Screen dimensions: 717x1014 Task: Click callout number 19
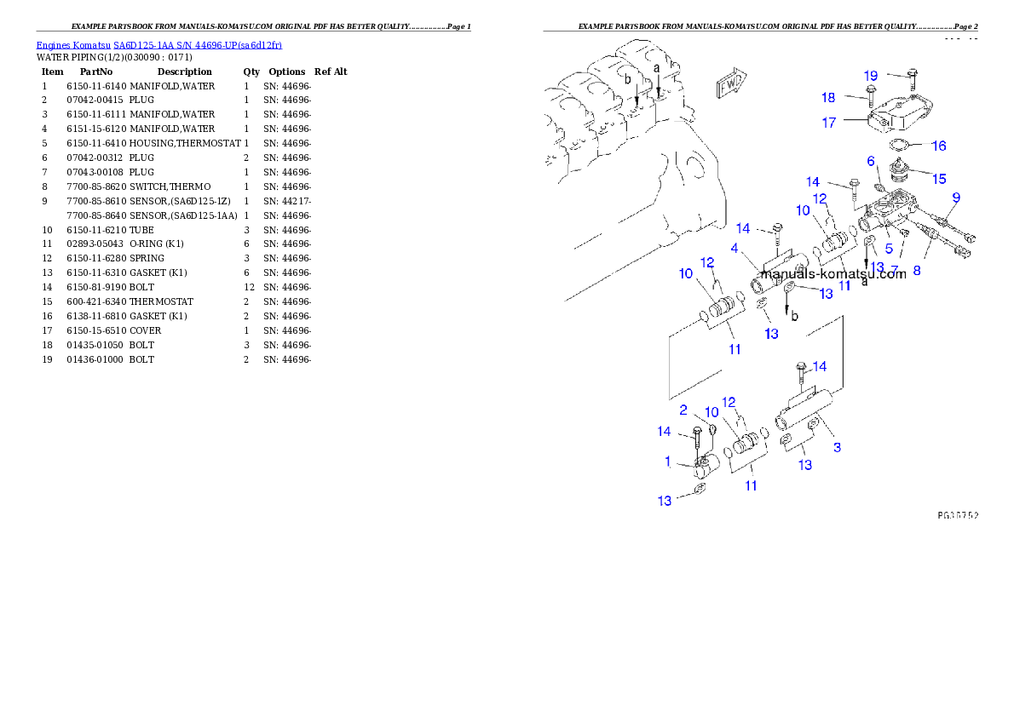pyautogui.click(x=871, y=75)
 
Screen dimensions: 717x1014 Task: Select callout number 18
pyautogui.click(x=829, y=97)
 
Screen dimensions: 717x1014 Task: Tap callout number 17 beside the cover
pyautogui.click(x=829, y=123)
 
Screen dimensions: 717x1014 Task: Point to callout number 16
pyautogui.click(x=938, y=146)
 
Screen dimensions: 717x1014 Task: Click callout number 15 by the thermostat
pyautogui.click(x=938, y=179)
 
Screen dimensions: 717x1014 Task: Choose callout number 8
pyautogui.click(x=916, y=271)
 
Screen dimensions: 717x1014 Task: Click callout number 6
pyautogui.click(x=871, y=161)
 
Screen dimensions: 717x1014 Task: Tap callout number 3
pyautogui.click(x=838, y=447)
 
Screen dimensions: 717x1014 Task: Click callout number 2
pyautogui.click(x=683, y=410)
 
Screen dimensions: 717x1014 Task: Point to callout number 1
pyautogui.click(x=668, y=462)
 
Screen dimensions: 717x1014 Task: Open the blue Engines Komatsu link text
pyautogui.click(x=158, y=44)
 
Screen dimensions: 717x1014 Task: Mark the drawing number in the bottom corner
pyautogui.click(x=957, y=515)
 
